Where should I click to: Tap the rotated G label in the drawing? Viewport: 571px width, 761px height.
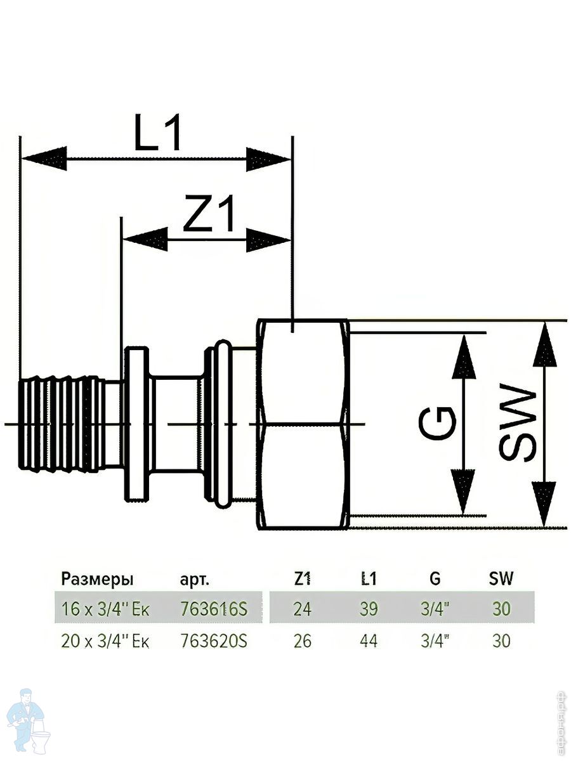(438, 424)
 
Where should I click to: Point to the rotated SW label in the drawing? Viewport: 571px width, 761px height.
(517, 424)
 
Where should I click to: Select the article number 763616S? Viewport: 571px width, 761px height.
(213, 609)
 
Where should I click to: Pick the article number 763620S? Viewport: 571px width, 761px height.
(213, 641)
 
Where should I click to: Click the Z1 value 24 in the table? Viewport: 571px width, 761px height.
(303, 609)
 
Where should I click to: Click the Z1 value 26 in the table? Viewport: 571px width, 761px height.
(303, 641)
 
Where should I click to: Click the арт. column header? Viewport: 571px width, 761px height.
(194, 579)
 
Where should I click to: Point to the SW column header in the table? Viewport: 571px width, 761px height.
(501, 578)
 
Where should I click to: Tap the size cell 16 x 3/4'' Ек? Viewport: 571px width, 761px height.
(105, 609)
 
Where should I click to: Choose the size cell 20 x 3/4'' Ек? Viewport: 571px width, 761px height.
(105, 641)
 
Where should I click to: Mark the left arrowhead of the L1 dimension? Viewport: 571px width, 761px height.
(44, 158)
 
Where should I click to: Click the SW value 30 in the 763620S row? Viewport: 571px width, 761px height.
(501, 641)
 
